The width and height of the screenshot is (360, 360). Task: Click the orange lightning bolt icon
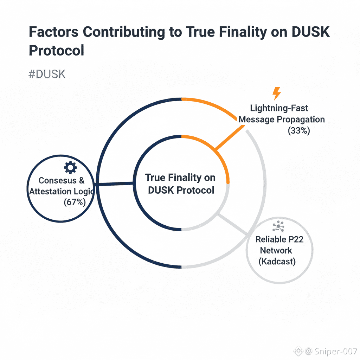coord(277,94)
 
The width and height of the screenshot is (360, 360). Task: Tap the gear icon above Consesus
coord(70,167)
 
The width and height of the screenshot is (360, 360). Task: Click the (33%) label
coord(299,131)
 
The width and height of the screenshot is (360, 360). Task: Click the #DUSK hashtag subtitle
coord(47,75)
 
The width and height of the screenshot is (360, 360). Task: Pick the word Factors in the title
coord(53,32)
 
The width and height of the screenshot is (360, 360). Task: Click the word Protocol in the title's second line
coord(56,50)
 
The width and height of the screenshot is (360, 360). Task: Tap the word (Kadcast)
coord(277,262)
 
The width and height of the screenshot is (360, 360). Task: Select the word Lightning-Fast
coord(279,108)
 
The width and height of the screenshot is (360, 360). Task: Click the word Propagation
coord(301,119)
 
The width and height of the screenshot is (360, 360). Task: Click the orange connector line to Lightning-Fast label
coord(230,138)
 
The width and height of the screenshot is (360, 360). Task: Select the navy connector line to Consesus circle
coord(114,183)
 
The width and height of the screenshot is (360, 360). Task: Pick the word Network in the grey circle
coord(276,250)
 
